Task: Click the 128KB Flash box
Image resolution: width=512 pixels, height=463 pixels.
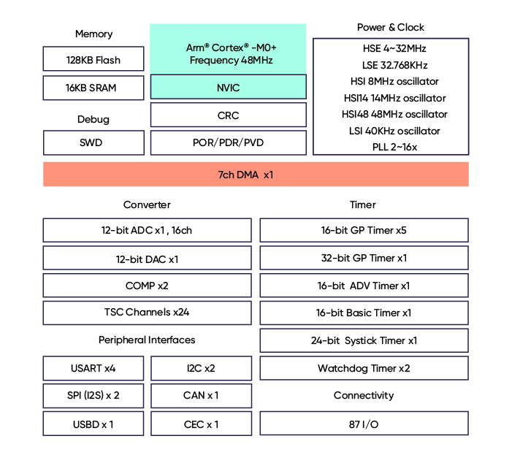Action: pos(93,58)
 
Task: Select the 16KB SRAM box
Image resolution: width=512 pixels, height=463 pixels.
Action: pos(93,88)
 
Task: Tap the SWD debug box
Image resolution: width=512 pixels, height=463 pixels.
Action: pos(93,142)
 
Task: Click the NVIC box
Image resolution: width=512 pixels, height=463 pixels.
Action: pos(228,87)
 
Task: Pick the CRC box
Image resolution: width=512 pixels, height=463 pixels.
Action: pos(228,115)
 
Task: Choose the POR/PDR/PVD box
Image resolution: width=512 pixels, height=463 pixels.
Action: pos(228,142)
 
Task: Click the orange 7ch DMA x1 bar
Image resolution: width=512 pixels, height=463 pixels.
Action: pos(256,175)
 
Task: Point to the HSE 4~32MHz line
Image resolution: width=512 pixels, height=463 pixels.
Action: pos(394,49)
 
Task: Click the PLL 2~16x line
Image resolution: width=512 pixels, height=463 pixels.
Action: pos(394,147)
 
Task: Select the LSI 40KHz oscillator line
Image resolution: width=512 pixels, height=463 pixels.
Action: pos(394,131)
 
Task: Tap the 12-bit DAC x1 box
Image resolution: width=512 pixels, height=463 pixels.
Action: pos(148,258)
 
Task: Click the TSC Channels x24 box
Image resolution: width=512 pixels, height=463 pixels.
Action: pos(148,313)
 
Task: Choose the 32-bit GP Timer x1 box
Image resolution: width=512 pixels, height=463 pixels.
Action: pos(364,258)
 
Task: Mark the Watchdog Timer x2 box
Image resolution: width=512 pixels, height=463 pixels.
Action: pos(364,368)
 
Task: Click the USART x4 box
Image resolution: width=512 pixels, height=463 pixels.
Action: pos(93,368)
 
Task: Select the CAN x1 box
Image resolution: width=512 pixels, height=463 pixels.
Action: pos(201,396)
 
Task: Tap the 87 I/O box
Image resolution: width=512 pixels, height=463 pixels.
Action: pos(364,424)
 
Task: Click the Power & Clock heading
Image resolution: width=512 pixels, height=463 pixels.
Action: pos(391,28)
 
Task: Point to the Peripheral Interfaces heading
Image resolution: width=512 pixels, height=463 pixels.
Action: pos(147,340)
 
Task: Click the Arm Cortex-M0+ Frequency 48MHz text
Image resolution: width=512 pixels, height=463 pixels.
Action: pos(232,54)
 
